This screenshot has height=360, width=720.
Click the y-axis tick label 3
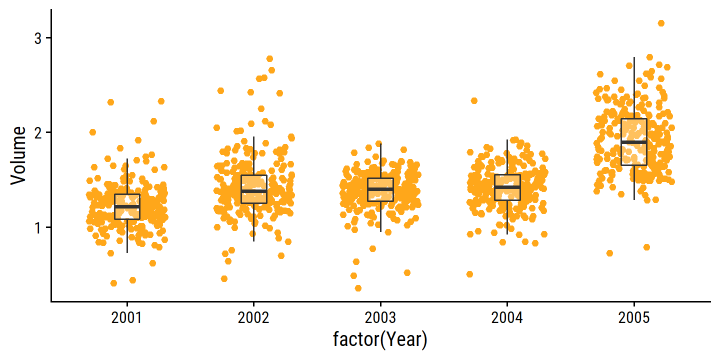[x=38, y=38]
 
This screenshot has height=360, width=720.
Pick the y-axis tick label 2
[x=38, y=132]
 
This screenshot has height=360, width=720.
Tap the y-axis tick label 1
[x=38, y=227]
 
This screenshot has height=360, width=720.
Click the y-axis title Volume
[x=19, y=156]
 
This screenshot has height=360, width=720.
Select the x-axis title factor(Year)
[x=380, y=340]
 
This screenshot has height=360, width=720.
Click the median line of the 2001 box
[x=127, y=206]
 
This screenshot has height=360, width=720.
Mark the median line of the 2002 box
[x=253, y=191]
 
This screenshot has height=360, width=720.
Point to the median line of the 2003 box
[x=380, y=189]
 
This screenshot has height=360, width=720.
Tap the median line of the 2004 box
[x=507, y=187]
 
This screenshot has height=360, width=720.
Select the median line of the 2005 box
[x=634, y=142]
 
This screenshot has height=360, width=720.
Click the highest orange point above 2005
[x=661, y=23]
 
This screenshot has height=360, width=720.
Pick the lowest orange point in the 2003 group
[x=358, y=288]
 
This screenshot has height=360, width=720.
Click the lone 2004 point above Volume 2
[x=474, y=101]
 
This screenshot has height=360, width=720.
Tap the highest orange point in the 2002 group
[x=269, y=59]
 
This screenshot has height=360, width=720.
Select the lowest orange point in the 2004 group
[x=470, y=274]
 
